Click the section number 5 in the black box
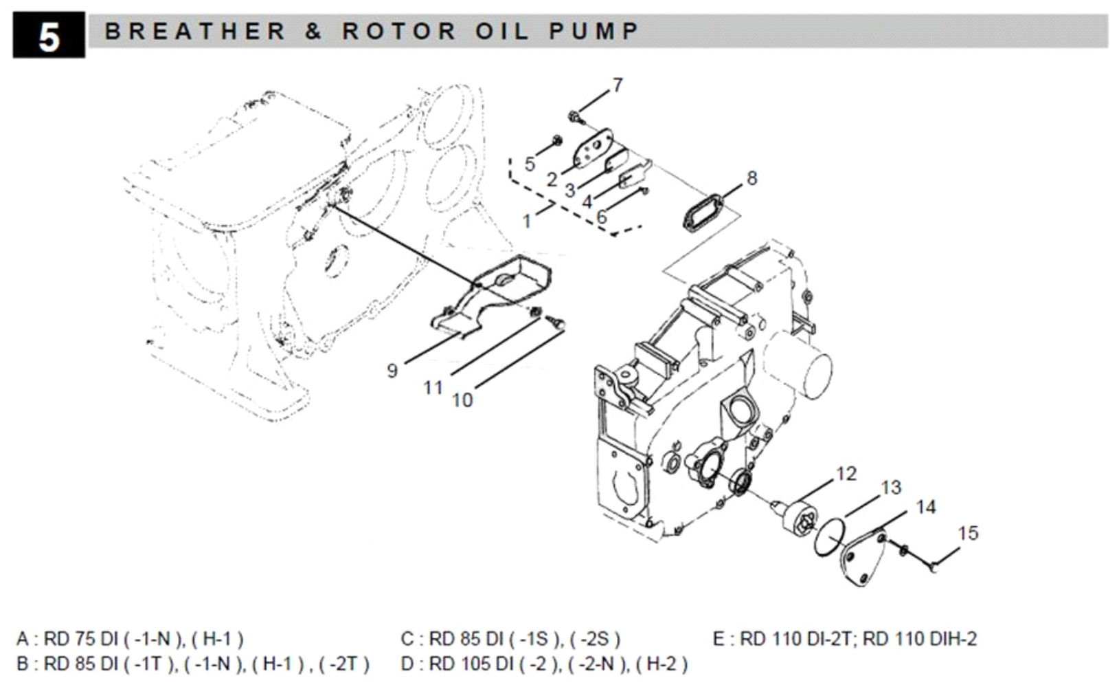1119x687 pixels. tap(48, 36)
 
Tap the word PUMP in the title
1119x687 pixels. tap(595, 31)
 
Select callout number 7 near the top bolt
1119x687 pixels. tap(618, 85)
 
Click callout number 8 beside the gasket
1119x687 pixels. tap(751, 178)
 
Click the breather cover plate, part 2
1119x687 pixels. tap(591, 151)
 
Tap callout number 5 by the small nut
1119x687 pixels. tap(530, 164)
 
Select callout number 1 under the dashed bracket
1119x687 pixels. tap(527, 221)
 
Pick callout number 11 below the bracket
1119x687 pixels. tap(433, 388)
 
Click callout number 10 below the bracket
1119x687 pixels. tap(462, 400)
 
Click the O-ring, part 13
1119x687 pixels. tap(830, 537)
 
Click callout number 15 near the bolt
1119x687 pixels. tap(968, 533)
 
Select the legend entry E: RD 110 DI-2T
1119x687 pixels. tap(844, 639)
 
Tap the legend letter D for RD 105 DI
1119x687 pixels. tap(407, 664)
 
